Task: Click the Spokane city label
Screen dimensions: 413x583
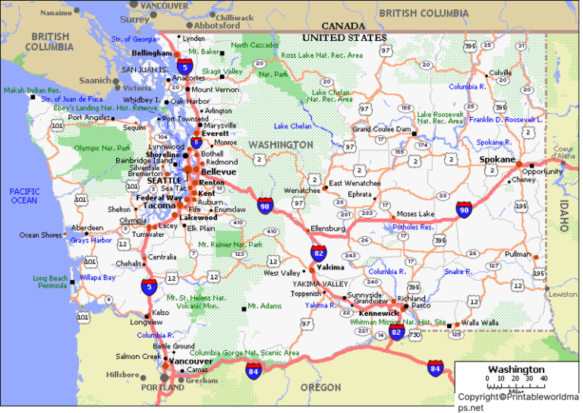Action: coord(496,160)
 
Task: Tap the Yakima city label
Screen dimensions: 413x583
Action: coord(330,267)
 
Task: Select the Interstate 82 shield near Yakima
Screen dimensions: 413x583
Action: coord(319,253)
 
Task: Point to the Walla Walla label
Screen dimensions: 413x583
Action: coord(480,323)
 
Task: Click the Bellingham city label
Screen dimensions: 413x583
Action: coord(152,53)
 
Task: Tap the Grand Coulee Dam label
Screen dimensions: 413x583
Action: coord(382,129)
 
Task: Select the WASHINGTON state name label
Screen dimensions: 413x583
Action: coord(281,144)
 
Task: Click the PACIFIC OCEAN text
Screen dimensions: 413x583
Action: coord(24,196)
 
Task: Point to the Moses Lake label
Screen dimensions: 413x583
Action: coord(415,214)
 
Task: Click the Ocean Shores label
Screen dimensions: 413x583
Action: coord(40,235)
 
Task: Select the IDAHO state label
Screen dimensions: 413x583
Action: coord(563,216)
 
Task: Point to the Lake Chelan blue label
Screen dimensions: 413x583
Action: coord(292,126)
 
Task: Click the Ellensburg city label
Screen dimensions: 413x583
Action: coord(328,229)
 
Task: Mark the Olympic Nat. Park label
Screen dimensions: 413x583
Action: coord(103,147)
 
